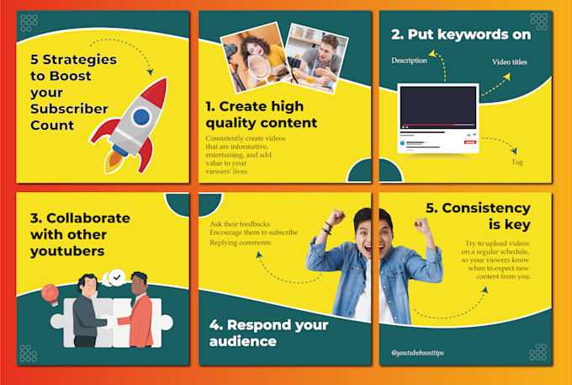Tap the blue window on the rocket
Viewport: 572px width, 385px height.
click(x=141, y=115)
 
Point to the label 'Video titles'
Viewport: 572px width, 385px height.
click(x=514, y=62)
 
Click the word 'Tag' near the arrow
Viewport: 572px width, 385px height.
click(x=517, y=161)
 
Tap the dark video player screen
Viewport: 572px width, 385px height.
click(x=438, y=105)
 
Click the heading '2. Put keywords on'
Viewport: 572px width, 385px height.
click(x=460, y=35)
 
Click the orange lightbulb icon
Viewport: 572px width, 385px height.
click(x=49, y=293)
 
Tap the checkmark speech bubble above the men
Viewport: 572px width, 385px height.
click(x=116, y=275)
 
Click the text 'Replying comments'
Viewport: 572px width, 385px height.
click(x=241, y=243)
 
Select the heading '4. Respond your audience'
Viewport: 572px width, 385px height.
click(x=269, y=333)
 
